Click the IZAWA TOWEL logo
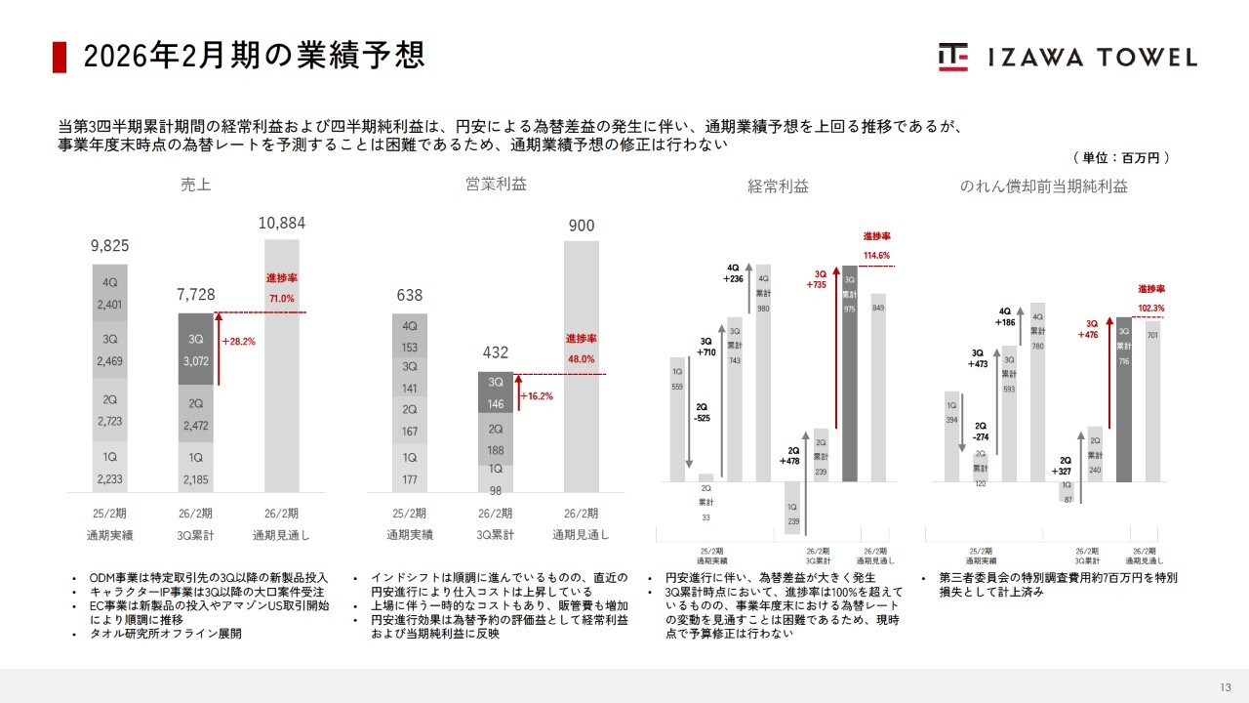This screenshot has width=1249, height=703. coord(1068,57)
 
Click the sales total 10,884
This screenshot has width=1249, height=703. coord(282,224)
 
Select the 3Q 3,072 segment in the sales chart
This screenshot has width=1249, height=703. coord(196,348)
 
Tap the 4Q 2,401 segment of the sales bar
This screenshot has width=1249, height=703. coord(110,294)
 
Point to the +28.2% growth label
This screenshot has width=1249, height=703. coord(238,343)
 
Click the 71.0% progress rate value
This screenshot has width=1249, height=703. coord(281,299)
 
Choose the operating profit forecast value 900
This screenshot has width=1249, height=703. coord(582,226)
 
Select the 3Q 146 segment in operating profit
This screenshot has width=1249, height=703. coord(496,393)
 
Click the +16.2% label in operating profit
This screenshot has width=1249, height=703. coord(537,397)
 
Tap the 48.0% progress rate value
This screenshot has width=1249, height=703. coord(581,358)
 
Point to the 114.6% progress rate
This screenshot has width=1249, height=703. coord(877,255)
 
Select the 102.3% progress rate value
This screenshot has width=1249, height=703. coord(1151,308)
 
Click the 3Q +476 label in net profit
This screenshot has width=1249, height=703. coord(1092,329)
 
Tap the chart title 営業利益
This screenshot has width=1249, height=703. coord(496,184)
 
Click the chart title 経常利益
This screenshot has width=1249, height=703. coord(778,186)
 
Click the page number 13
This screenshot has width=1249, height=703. coord(1226,685)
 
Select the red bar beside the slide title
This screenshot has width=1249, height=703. coord(60,57)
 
